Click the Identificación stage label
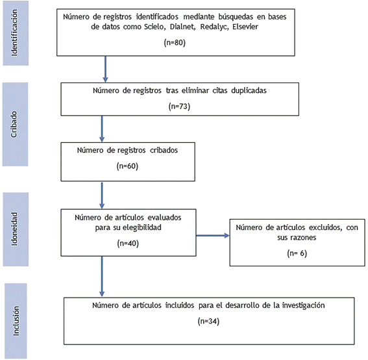(14, 32)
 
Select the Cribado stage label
(14, 124)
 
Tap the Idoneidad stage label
(14, 229)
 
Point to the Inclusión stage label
(16, 321)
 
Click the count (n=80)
(175, 42)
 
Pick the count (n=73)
(179, 107)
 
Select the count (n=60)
(127, 166)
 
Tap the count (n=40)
(128, 243)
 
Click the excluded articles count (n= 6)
(297, 253)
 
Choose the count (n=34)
(208, 321)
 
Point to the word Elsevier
(245, 27)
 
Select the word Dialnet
(182, 27)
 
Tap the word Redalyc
(214, 27)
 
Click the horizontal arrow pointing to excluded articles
(213, 235)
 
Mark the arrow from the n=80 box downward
(105, 69)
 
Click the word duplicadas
(249, 90)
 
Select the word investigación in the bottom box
(303, 305)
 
